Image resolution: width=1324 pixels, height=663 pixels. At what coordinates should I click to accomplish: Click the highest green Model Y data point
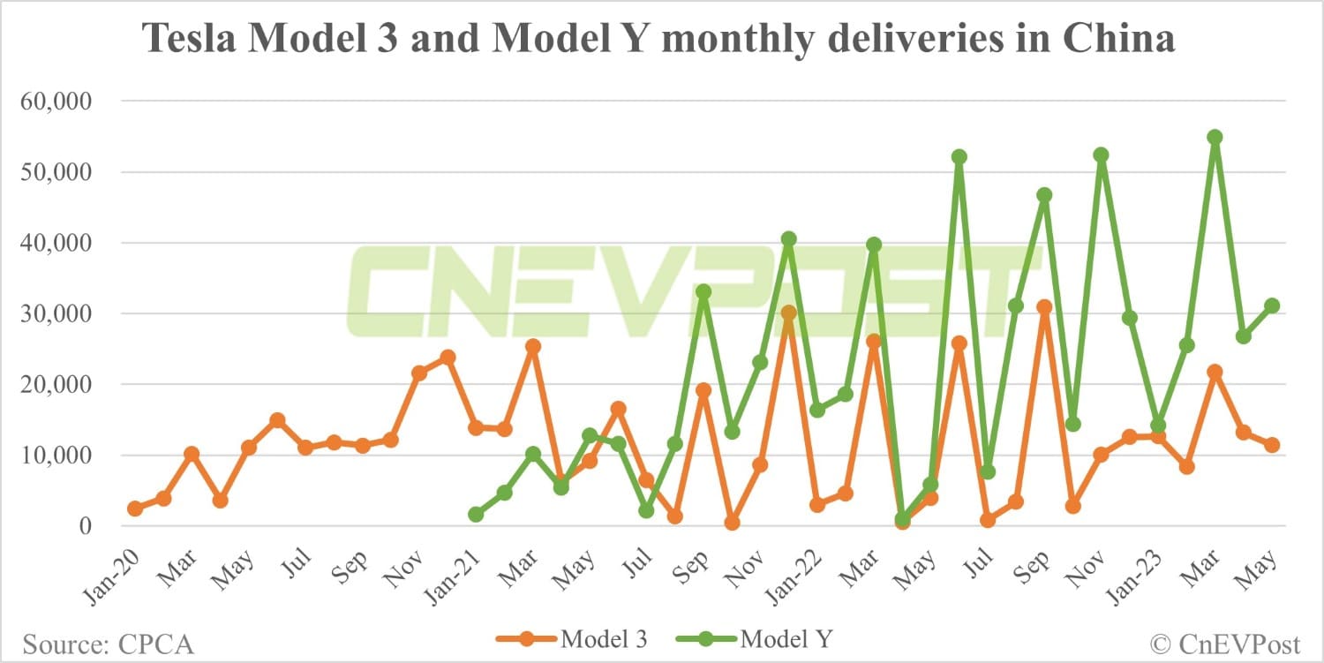(x=1215, y=137)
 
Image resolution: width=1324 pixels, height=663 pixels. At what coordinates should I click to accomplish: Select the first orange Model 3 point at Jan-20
(x=135, y=509)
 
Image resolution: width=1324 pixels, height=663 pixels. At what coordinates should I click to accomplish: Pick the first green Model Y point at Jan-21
(x=476, y=514)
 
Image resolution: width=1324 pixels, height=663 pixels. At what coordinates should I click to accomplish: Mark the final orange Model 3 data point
(x=1272, y=445)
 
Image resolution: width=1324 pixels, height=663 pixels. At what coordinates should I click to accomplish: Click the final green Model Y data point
(x=1272, y=305)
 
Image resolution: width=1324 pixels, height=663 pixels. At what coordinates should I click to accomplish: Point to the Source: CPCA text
(x=108, y=644)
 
